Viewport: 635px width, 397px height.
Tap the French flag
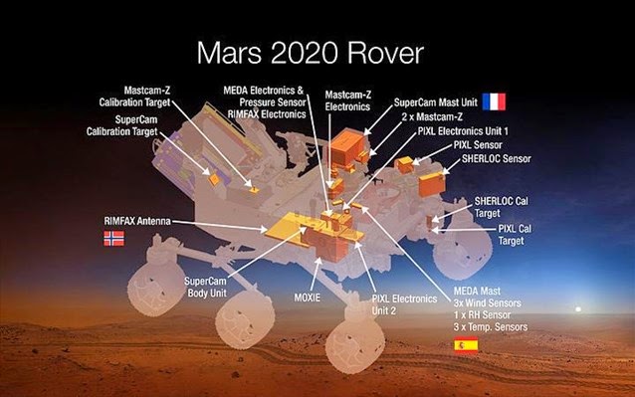pyautogui.click(x=493, y=101)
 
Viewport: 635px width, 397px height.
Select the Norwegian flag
pyautogui.click(x=115, y=239)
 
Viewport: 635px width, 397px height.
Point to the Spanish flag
pyautogui.click(x=465, y=345)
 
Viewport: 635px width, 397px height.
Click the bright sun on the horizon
pyautogui.click(x=578, y=311)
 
